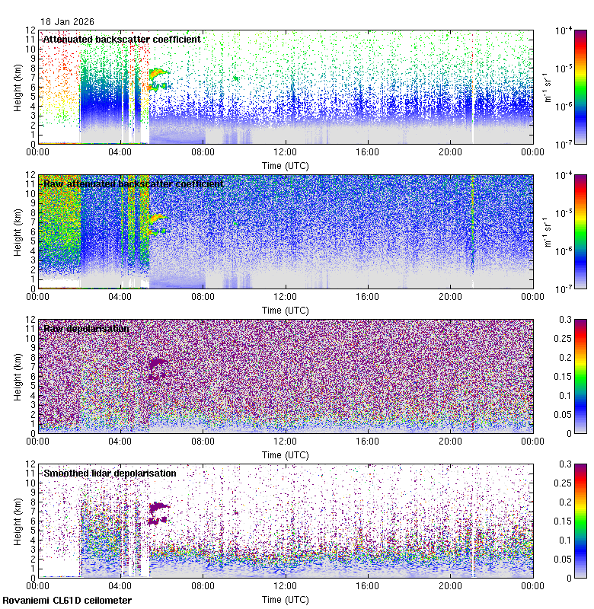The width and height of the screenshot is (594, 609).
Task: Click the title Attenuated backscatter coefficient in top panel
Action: pyautogui.click(x=122, y=39)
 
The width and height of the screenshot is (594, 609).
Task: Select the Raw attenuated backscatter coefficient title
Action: pyautogui.click(x=133, y=183)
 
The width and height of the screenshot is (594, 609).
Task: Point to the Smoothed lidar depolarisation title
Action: pyautogui.click(x=110, y=473)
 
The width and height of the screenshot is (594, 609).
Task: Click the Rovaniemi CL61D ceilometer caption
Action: pyautogui.click(x=67, y=601)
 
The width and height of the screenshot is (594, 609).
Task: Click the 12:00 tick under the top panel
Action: pyautogui.click(x=286, y=151)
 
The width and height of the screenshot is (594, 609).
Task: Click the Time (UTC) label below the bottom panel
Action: pyautogui.click(x=285, y=599)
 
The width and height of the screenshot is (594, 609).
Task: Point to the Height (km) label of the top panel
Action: pyautogui.click(x=18, y=87)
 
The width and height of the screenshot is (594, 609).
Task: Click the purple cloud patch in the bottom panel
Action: pyautogui.click(x=158, y=506)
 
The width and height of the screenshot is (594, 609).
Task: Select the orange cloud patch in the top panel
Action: pyautogui.click(x=158, y=73)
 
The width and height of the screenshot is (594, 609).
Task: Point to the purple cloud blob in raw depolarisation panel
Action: pyautogui.click(x=158, y=368)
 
